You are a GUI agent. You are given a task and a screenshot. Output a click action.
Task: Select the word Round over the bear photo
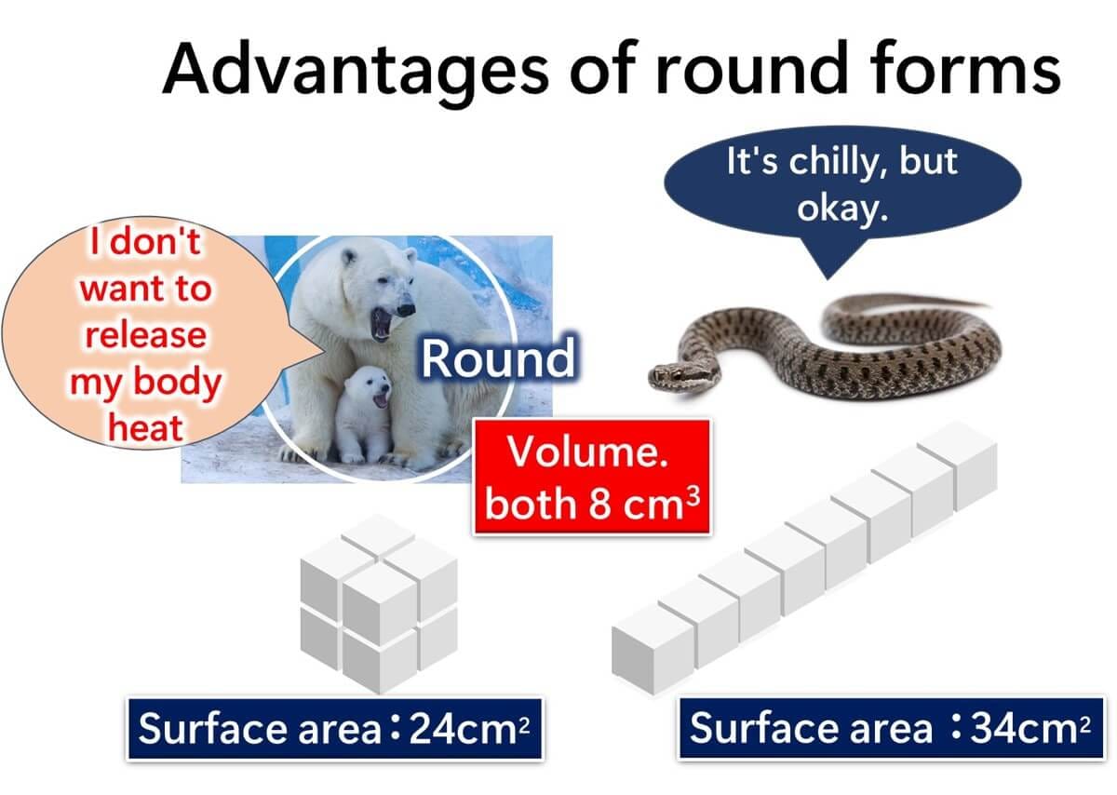(498, 357)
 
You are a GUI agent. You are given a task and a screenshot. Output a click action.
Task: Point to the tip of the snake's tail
(989, 304)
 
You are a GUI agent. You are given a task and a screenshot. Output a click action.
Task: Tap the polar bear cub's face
(372, 391)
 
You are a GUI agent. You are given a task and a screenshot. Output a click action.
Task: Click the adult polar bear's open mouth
(383, 324)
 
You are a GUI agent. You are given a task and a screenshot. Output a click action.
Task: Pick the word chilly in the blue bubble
(840, 162)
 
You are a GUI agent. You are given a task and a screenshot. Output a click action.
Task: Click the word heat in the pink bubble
(145, 427)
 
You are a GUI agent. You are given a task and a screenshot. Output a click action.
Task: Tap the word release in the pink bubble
(145, 334)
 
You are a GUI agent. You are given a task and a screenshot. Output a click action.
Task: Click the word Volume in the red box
(587, 451)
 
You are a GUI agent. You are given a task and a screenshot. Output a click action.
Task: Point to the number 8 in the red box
(599, 505)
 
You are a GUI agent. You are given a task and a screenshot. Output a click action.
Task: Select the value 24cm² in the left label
(469, 729)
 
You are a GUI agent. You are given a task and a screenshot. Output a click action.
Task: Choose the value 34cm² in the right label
(1030, 729)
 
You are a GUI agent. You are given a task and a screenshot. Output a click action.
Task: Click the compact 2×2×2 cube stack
(379, 604)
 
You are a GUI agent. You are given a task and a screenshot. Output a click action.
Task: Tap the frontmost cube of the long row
(653, 649)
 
